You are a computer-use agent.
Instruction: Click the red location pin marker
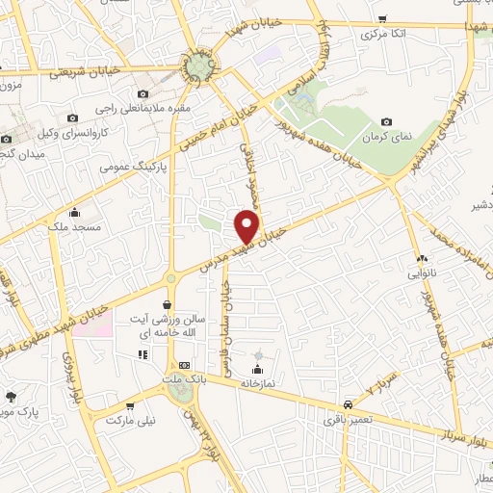tap(248, 226)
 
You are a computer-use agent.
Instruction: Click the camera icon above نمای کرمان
tap(387, 122)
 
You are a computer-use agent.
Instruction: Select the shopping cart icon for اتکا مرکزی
tap(383, 19)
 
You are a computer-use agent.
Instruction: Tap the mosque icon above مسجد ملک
tap(75, 213)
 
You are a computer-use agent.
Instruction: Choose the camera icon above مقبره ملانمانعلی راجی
tap(143, 93)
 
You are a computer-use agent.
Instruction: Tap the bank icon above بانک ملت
tap(184, 366)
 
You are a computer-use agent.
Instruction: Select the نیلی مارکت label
tap(128, 421)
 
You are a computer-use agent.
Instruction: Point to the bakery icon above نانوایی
tap(422, 259)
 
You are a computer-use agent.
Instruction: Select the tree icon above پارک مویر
tap(12, 396)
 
